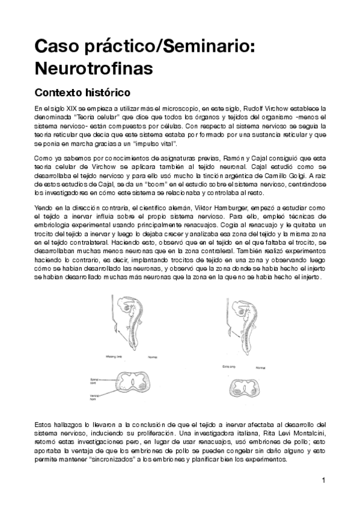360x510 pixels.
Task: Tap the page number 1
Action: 323,480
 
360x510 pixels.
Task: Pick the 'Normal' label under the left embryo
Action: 153,355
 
